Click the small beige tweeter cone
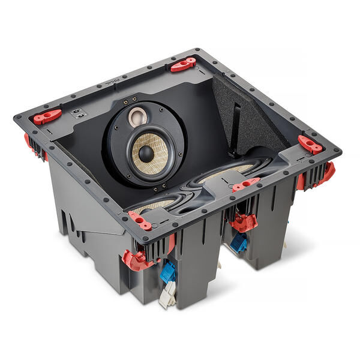[x=137, y=115]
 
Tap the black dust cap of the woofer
[x=146, y=153]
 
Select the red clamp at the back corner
[x=183, y=64]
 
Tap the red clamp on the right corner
[x=310, y=144]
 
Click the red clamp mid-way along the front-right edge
[x=246, y=184]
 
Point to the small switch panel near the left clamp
[x=77, y=112]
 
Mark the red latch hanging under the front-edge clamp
[x=243, y=223]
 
